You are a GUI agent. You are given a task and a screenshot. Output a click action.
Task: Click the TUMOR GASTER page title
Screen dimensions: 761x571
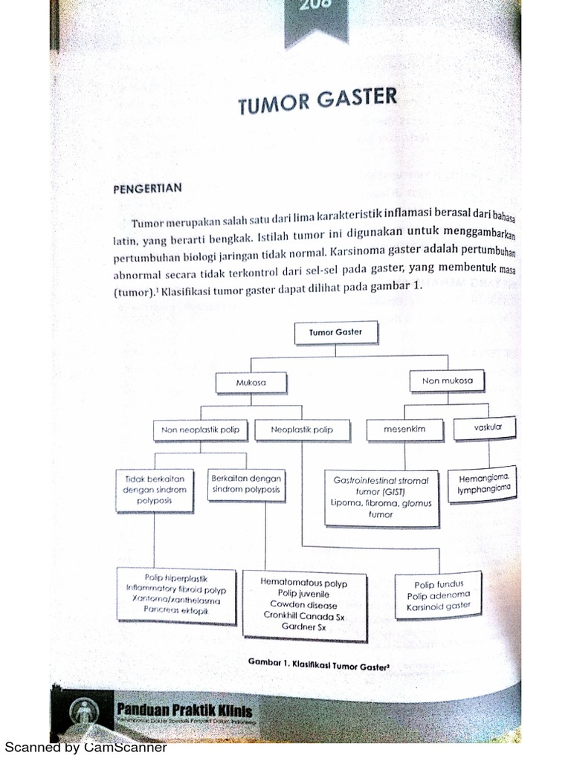pos(317,103)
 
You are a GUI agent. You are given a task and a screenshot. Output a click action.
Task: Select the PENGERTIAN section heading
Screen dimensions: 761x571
pos(146,188)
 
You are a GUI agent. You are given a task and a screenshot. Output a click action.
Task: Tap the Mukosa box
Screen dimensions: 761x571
pos(251,383)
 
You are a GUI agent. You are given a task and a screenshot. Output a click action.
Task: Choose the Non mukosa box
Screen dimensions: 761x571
pos(448,381)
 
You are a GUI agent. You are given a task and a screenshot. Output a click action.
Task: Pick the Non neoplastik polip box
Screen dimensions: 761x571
pos(201,430)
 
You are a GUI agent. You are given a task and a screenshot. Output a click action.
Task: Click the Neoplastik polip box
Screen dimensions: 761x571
pos(302,430)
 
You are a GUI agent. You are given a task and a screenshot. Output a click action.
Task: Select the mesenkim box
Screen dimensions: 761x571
pos(404,429)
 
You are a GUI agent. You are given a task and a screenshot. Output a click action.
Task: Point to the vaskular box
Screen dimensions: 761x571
pos(485,427)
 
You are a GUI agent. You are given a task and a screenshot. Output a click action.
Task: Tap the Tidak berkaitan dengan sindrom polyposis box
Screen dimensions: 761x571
pos(155,490)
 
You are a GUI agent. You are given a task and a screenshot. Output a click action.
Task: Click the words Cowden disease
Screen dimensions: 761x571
pos(304,604)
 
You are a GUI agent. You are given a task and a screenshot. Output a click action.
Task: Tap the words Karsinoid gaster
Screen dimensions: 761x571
pos(438,606)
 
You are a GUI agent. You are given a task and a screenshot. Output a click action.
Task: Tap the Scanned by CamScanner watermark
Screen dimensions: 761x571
pos(86,748)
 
